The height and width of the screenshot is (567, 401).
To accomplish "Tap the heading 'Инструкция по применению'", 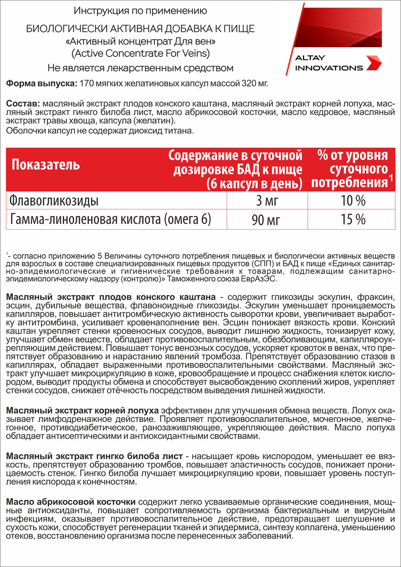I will [x=140, y=10].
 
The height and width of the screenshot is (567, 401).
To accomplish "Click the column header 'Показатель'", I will [x=46, y=165].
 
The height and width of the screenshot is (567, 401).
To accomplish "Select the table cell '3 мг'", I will [x=267, y=201].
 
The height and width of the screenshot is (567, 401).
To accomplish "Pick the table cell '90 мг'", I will [x=267, y=220].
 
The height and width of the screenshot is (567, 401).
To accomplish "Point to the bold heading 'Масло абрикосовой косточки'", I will [x=71, y=500].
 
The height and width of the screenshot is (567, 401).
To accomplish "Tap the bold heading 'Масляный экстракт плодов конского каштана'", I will [x=111, y=296].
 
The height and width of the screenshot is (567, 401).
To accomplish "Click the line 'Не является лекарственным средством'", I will [x=140, y=68].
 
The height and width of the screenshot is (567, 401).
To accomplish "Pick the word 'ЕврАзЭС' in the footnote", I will [x=263, y=279].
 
